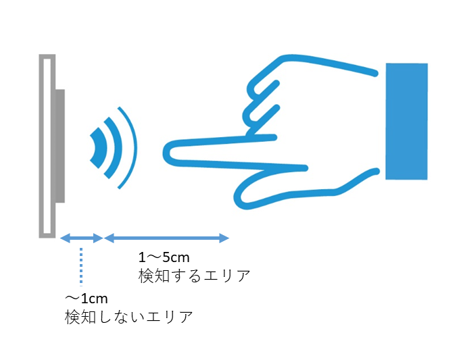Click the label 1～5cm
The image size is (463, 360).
[164, 257]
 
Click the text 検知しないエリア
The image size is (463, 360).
[128, 316]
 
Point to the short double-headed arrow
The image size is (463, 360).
[81, 238]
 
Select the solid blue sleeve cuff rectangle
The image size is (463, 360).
[406, 121]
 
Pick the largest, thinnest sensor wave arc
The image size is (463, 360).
[131, 147]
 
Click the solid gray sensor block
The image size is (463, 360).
[59, 146]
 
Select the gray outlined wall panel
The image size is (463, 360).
[46, 145]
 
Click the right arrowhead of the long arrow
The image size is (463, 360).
[226, 238]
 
